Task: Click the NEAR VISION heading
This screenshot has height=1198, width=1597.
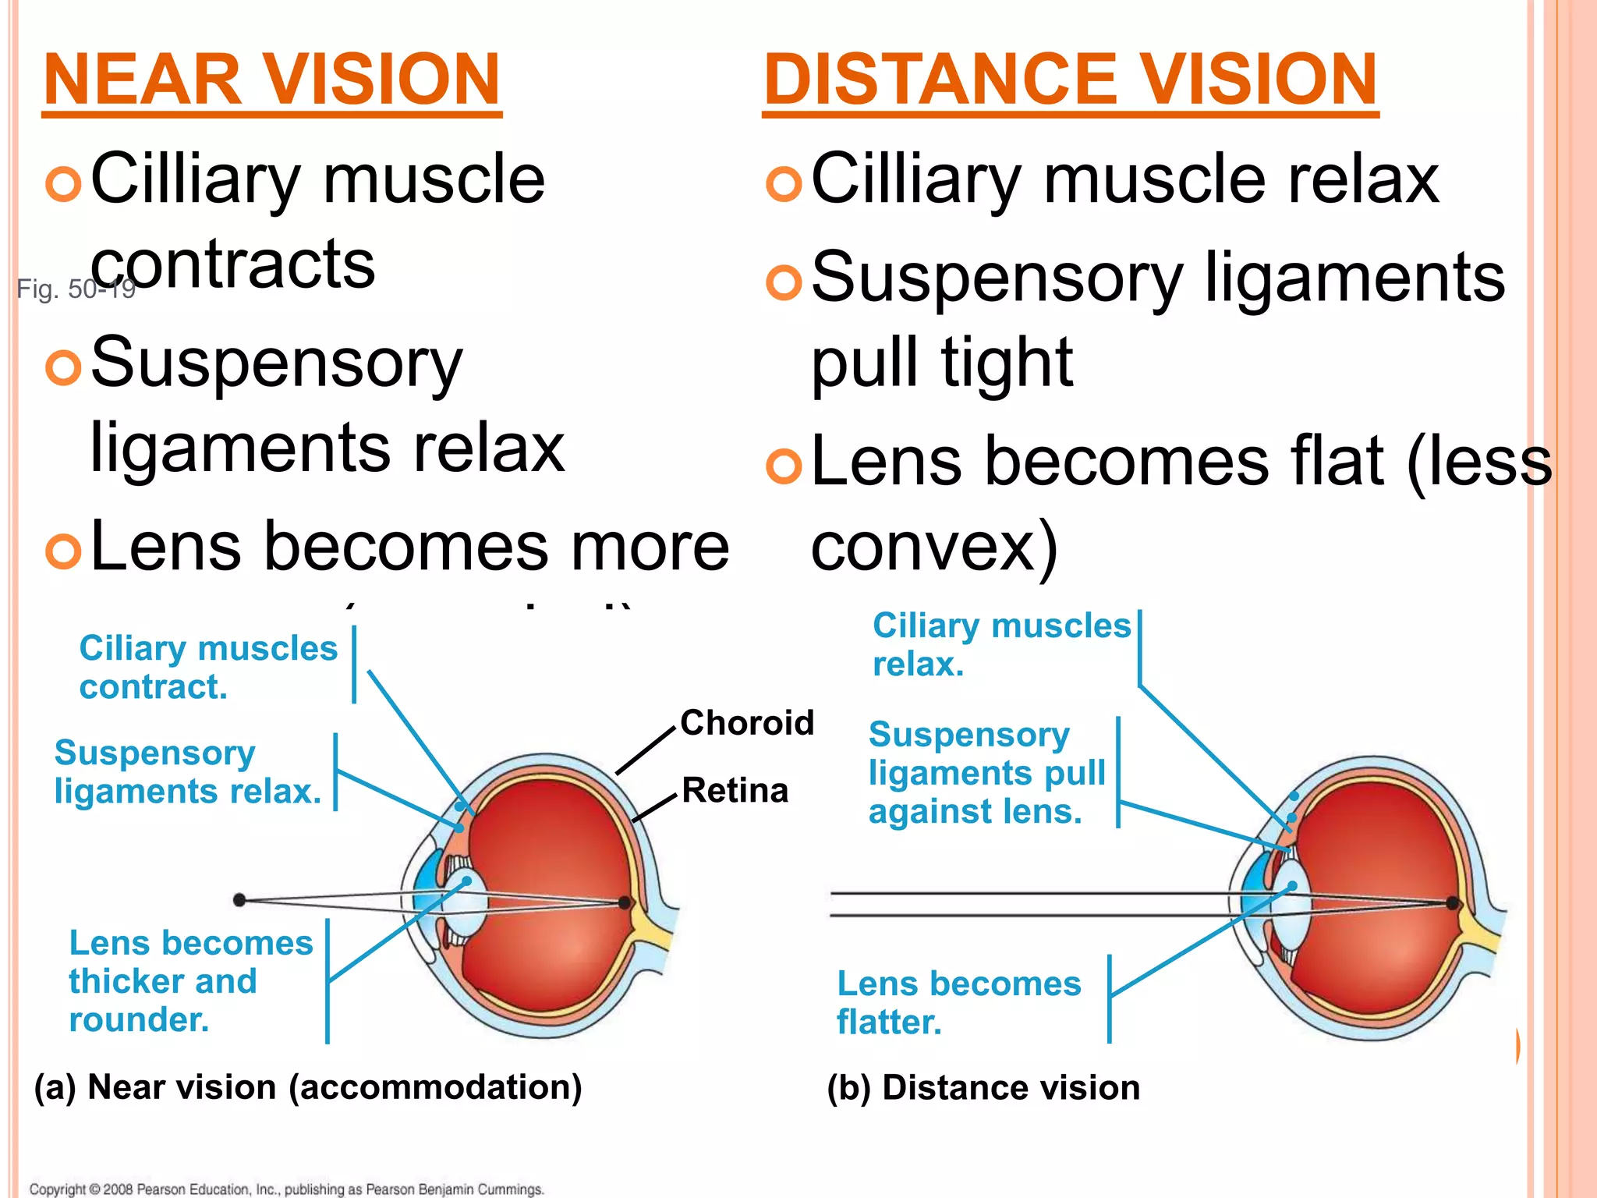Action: (x=271, y=80)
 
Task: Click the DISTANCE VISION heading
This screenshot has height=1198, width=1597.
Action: (x=1070, y=80)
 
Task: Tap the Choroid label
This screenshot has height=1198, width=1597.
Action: (x=746, y=723)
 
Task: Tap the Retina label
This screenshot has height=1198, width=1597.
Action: (x=735, y=791)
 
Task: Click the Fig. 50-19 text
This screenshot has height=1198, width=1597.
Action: (x=76, y=289)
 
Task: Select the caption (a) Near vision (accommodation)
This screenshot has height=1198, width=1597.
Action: (x=308, y=1087)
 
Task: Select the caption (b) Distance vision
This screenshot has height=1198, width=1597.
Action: (x=983, y=1088)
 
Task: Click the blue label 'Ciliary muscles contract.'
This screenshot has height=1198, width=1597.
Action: (x=207, y=668)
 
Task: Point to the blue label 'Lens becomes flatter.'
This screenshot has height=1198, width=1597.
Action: (x=958, y=1003)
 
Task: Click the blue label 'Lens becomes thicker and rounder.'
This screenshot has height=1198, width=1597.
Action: (x=190, y=981)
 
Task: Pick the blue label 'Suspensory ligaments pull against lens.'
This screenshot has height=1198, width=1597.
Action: (x=986, y=773)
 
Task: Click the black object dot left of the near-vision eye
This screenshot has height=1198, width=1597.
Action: (x=239, y=900)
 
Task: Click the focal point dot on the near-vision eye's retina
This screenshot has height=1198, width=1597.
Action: (x=625, y=902)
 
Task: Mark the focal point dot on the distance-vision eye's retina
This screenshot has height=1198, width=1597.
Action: (x=1452, y=903)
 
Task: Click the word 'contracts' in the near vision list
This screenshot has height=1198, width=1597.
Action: (x=233, y=264)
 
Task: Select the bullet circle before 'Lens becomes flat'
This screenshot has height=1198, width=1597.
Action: (x=784, y=466)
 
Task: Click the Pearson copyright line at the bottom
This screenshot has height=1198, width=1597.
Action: (x=286, y=1189)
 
